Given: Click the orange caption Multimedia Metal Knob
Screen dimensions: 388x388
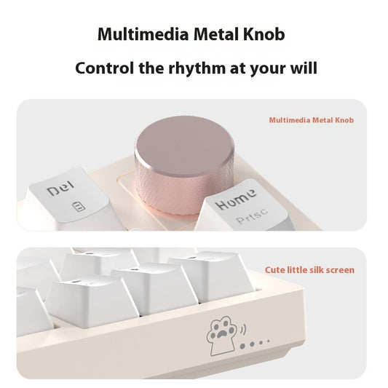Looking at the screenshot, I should click(312, 120).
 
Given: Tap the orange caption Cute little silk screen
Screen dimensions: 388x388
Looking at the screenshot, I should click(309, 270).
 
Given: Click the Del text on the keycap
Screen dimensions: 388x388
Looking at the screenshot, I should click(60, 191).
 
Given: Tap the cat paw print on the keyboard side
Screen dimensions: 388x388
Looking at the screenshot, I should click(219, 329).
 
